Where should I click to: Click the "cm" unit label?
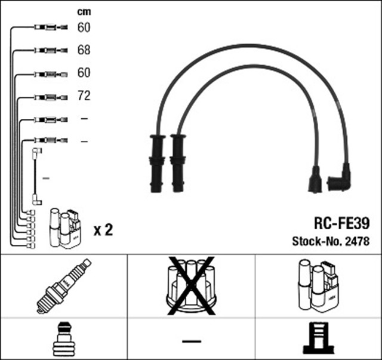pos(84,11)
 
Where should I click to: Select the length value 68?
pos(84,50)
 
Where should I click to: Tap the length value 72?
pos(84,96)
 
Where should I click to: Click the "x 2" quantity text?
pos(103,229)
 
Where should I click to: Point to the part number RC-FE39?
pos(341,224)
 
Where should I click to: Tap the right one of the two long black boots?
pos(177,162)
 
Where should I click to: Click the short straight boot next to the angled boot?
pos(314,180)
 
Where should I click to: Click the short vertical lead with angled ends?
pos(36,177)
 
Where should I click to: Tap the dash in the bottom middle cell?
pos(191,341)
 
